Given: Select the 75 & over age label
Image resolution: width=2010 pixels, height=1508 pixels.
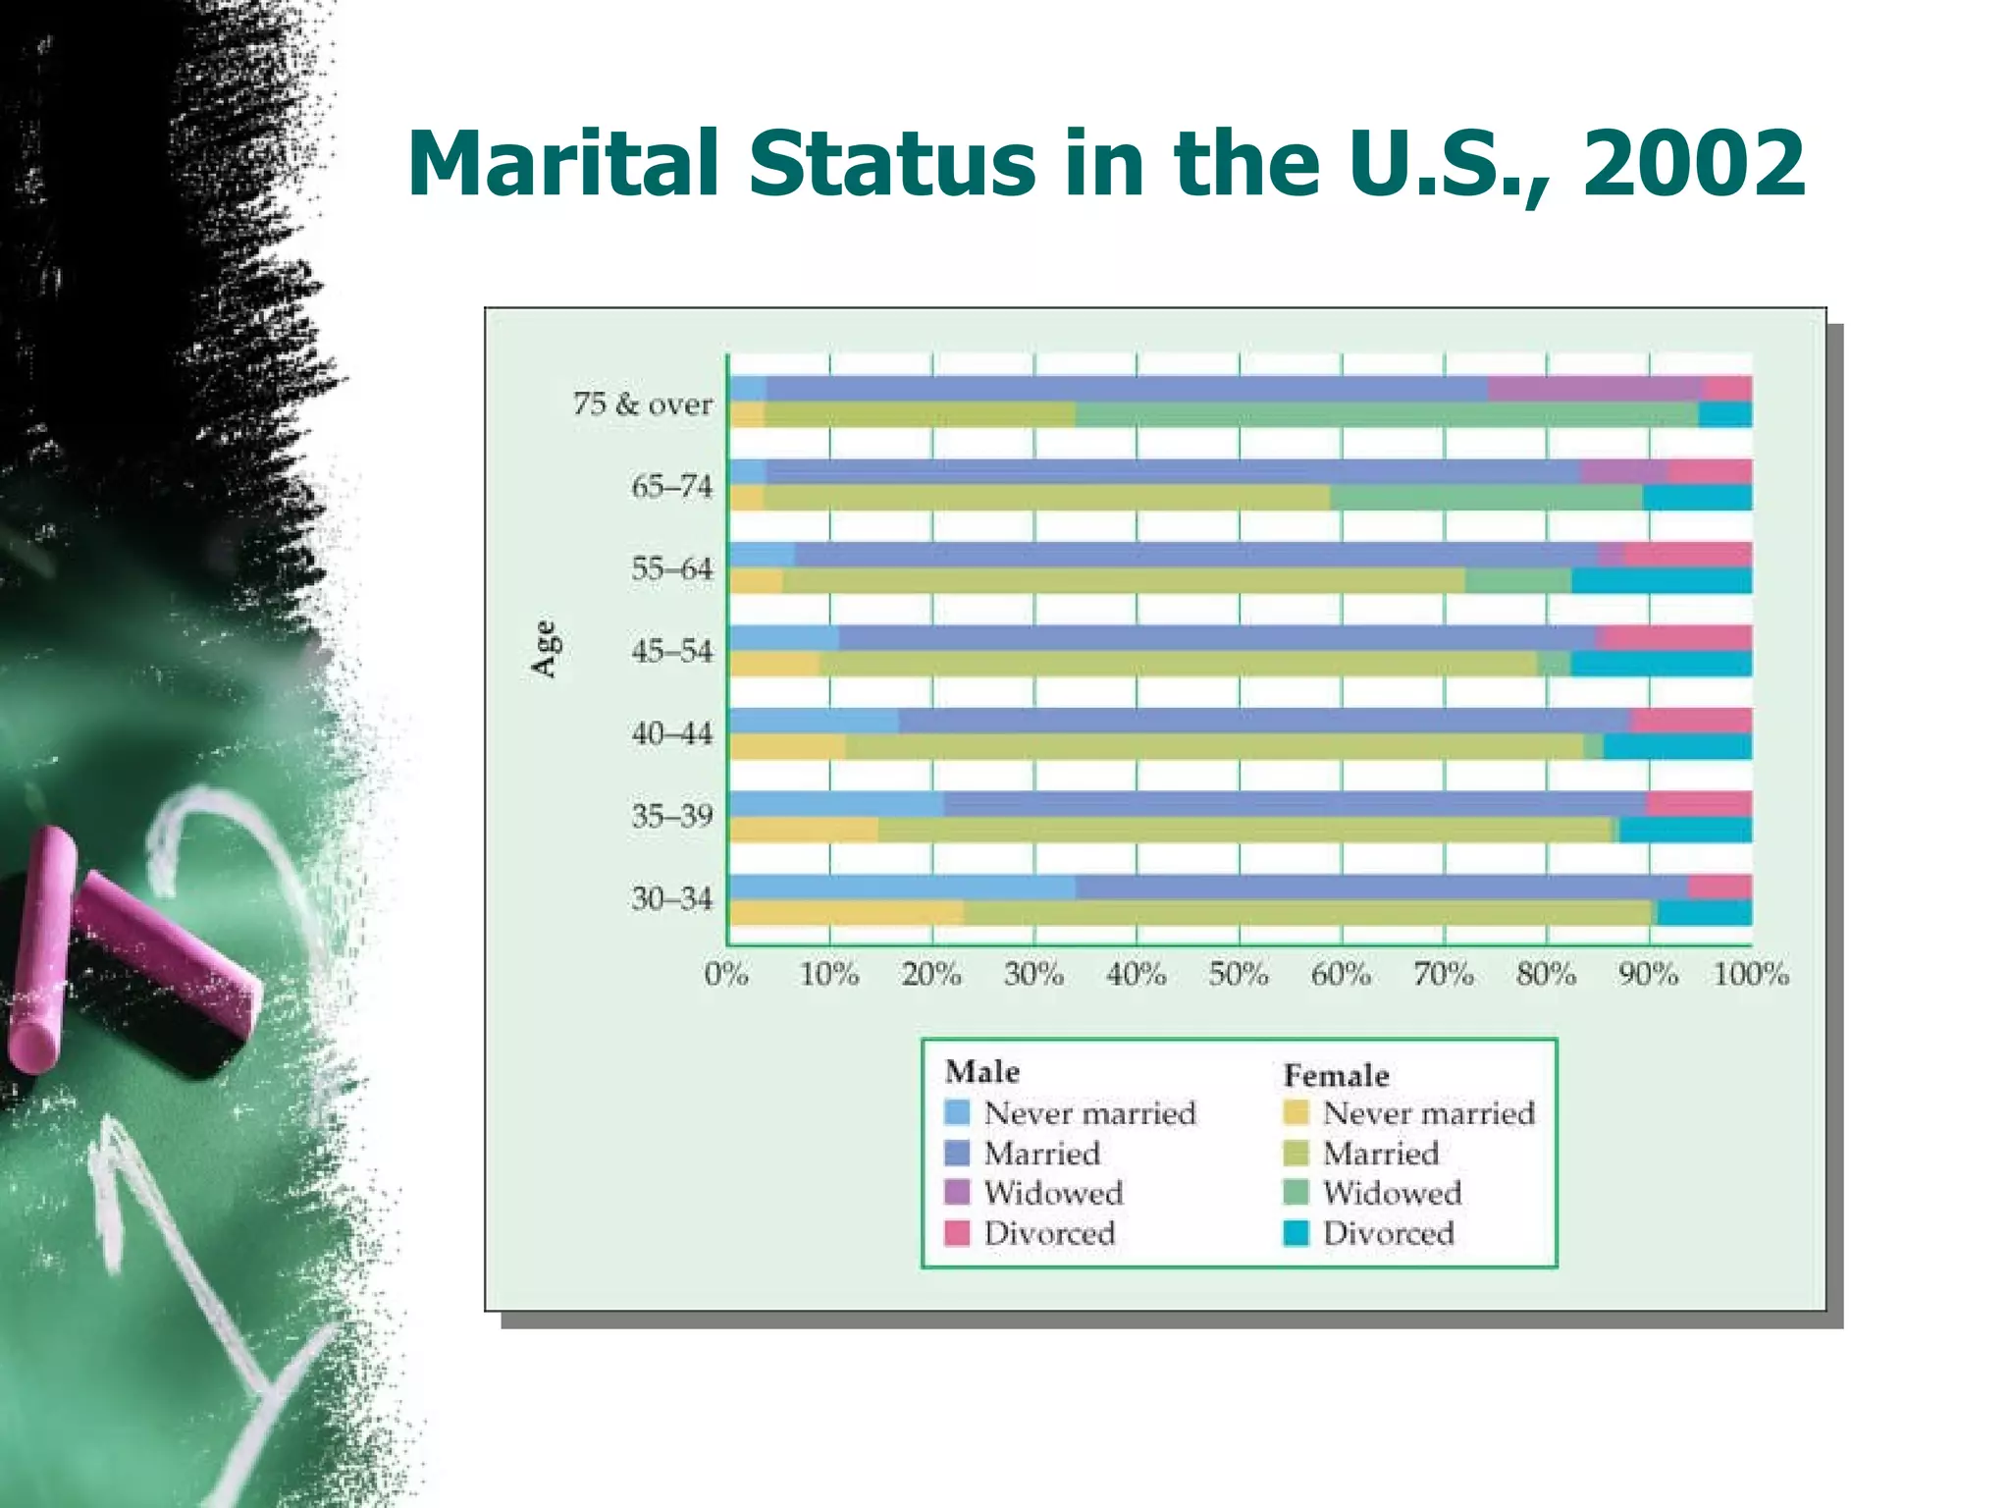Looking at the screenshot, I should click(643, 404).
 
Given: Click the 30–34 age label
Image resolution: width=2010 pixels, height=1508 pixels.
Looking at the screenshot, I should click(671, 898).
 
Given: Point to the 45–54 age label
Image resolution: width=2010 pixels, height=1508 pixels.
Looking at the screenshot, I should click(671, 651).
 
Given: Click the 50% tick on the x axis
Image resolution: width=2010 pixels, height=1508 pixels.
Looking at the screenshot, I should click(1238, 974).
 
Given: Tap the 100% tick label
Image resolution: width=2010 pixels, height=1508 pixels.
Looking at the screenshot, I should click(1750, 974).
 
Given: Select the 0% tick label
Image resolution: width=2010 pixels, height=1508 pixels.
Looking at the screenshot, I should click(726, 974).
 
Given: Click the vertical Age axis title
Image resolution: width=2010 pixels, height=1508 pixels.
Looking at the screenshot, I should click(544, 649).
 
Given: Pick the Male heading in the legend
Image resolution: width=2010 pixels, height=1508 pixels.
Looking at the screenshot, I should click(981, 1071).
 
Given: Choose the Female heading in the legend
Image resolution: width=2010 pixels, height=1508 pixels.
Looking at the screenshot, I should click(1336, 1075).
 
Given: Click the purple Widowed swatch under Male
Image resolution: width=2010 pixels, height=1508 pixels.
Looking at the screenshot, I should click(957, 1192).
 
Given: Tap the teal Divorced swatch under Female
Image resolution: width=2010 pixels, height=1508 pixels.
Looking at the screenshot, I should click(1296, 1233).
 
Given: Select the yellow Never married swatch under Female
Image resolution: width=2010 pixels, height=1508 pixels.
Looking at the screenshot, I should click(1296, 1112).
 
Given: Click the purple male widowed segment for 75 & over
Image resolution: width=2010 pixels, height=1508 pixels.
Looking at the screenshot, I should click(1595, 389).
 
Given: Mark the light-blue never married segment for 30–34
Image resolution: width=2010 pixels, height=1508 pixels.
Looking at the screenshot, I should click(901, 888).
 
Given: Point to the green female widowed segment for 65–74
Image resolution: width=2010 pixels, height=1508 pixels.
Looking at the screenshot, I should click(1485, 498).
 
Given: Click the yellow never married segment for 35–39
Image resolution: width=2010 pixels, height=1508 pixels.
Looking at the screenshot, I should click(803, 831).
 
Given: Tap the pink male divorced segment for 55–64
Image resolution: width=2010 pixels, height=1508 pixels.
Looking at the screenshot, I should click(1687, 555).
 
